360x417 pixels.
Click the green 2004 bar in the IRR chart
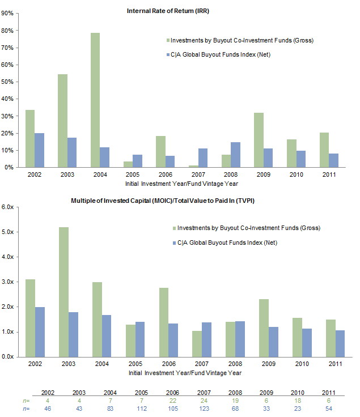point(95,100)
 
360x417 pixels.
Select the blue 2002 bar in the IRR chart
point(39,150)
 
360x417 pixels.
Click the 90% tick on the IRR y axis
point(7,14)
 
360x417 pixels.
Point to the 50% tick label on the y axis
point(7,82)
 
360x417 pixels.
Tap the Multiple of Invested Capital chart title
point(159,201)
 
